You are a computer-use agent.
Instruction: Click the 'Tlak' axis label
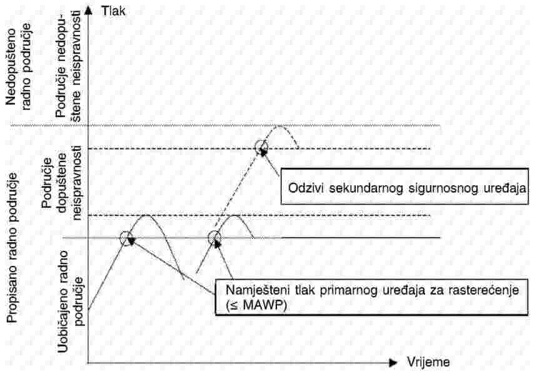coord(113,11)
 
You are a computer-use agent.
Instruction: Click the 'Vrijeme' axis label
coord(428,362)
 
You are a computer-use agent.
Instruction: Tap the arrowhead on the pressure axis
coord(88,10)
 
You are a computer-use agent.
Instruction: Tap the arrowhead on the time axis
coord(393,362)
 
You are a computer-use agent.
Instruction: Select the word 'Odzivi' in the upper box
coord(306,188)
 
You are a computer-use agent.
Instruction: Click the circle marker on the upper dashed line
coord(262,148)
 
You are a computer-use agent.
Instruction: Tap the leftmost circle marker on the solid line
coord(127,238)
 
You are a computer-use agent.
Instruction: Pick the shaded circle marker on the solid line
coord(214,238)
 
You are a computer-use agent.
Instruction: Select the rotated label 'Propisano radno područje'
coord(13,248)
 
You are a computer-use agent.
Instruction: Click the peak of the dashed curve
coord(279,126)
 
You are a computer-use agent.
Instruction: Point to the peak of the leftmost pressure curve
coord(146,215)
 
